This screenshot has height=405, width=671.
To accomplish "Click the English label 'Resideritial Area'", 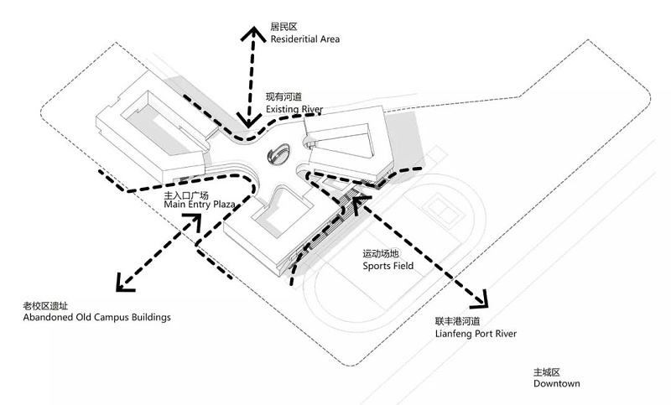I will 305,39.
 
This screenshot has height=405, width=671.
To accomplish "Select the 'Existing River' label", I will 294,110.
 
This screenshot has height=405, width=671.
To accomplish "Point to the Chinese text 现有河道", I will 283,97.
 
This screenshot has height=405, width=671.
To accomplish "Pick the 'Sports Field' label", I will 388,266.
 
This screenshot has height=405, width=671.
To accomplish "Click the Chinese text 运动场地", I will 379,253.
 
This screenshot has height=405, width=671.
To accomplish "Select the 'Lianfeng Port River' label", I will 476,334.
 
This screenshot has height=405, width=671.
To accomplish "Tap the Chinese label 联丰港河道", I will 456,321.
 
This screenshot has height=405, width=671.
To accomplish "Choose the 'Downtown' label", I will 557,383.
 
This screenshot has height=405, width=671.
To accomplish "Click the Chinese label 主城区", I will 546,371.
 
